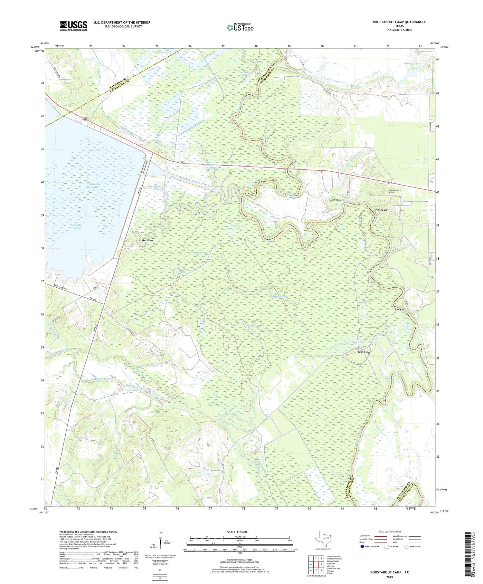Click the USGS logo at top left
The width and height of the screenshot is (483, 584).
(x=73, y=26)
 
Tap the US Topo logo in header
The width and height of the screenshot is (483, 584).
(x=240, y=28)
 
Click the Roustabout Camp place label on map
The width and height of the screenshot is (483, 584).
(x=394, y=191)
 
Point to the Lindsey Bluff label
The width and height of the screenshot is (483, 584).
(x=382, y=210)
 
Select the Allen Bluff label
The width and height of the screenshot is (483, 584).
(x=335, y=200)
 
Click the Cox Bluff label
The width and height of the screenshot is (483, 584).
(x=400, y=310)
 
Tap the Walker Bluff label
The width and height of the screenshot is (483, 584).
(x=146, y=240)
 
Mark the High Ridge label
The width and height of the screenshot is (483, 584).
(x=364, y=352)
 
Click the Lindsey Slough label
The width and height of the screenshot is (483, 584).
(x=277, y=296)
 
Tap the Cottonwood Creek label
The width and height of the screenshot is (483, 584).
(x=102, y=378)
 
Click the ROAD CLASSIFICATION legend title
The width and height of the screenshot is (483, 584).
(x=390, y=531)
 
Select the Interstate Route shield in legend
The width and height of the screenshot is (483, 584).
(x=362, y=547)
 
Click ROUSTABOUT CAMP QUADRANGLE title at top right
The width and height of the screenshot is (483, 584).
(x=399, y=22)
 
